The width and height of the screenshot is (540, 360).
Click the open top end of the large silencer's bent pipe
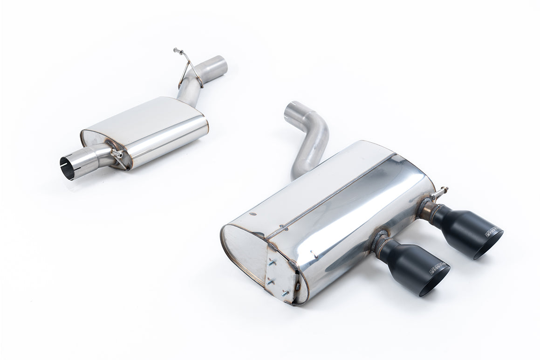(x=292, y=110)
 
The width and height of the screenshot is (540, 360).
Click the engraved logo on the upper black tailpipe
(x=491, y=231)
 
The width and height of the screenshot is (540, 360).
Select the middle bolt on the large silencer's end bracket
(x=270, y=281)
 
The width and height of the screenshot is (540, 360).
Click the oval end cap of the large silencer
(x=242, y=254)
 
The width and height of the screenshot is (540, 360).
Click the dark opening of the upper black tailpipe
(x=489, y=246)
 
